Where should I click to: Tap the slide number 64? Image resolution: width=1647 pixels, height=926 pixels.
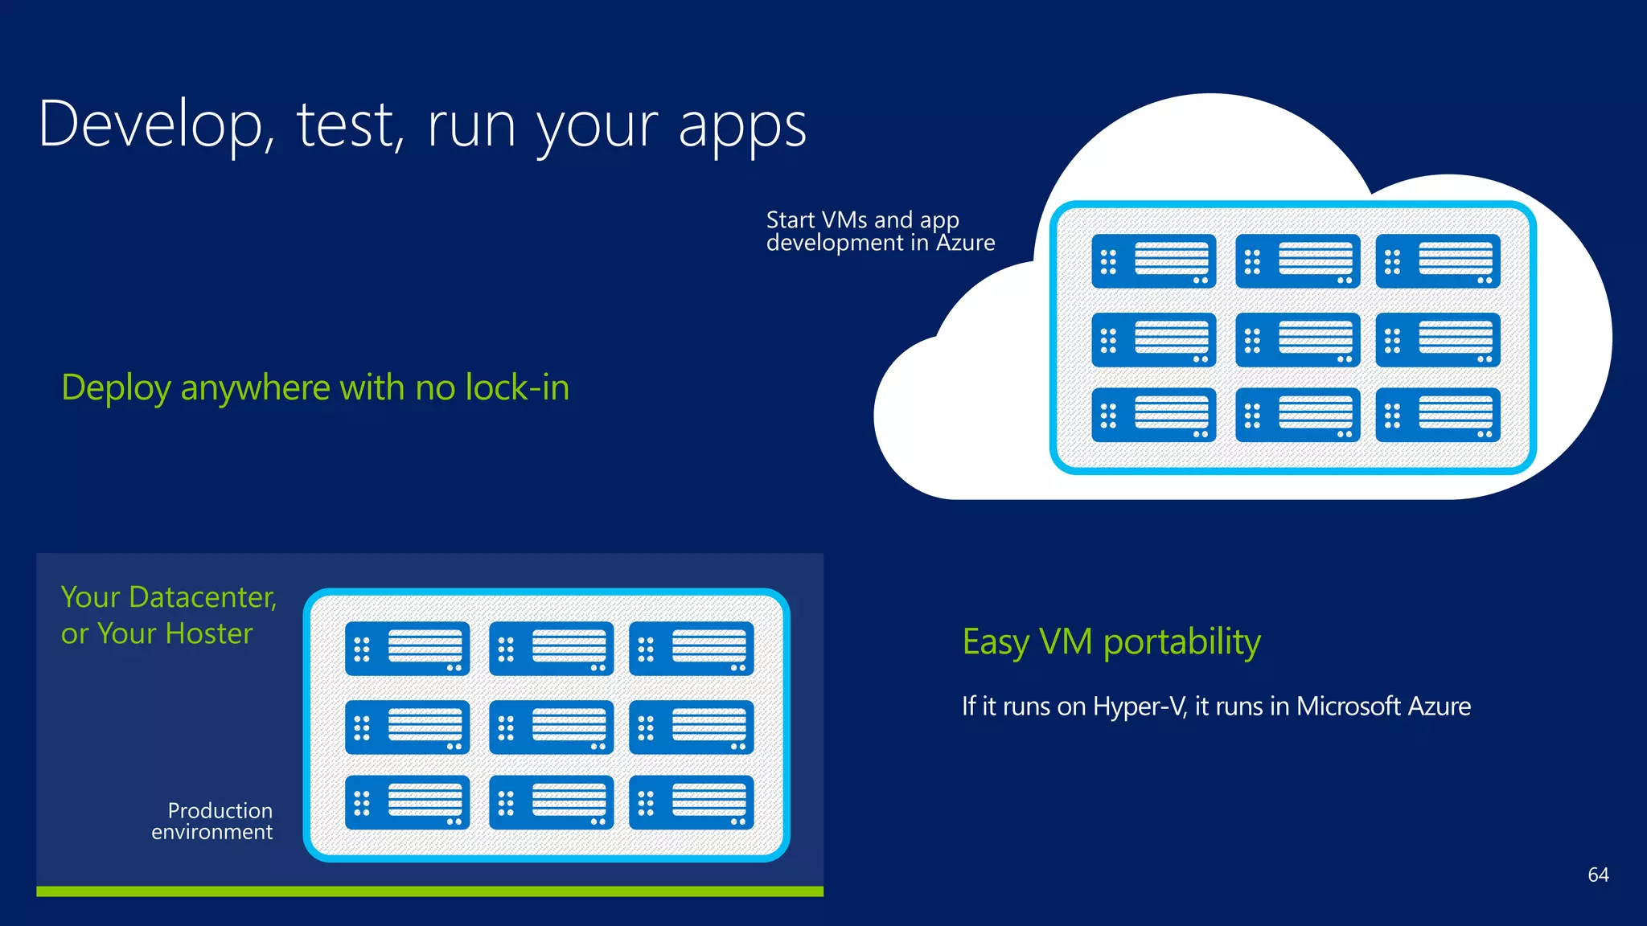coord(1598,875)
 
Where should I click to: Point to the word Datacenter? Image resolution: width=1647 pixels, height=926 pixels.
coord(202,597)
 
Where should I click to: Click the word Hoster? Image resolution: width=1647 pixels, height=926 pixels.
coord(208,633)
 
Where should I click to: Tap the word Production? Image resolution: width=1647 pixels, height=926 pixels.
coord(220,810)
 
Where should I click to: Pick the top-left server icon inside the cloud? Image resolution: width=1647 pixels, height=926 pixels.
coord(1153,261)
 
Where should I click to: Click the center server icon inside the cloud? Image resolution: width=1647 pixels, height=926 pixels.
coord(1297,340)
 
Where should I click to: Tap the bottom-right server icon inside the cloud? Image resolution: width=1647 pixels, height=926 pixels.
coord(1438,415)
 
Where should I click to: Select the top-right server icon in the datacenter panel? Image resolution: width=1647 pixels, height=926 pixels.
coord(691,648)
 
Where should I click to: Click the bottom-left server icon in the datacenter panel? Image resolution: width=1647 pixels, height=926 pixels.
coord(407,802)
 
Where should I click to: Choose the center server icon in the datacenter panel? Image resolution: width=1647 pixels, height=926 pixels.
coord(551,727)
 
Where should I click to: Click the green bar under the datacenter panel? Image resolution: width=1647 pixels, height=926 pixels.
coord(429,891)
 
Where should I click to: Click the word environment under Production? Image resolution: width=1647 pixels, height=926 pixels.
coord(212,832)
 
